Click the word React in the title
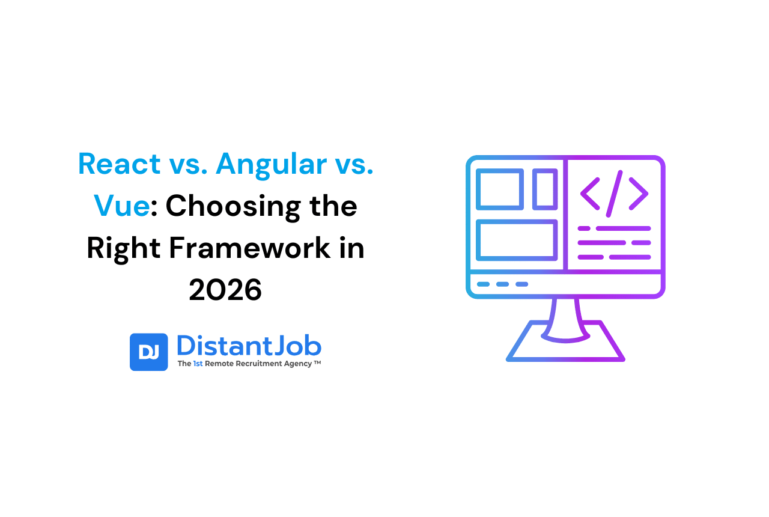(x=119, y=164)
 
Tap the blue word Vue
(x=122, y=206)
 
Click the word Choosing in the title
(x=233, y=208)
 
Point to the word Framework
(x=250, y=248)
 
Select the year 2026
(x=225, y=290)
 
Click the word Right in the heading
(x=124, y=249)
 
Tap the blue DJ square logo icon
(x=148, y=352)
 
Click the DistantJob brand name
(x=249, y=346)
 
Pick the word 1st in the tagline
(x=198, y=364)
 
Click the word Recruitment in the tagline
(x=258, y=364)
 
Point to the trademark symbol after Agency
(x=317, y=362)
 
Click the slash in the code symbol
(x=614, y=194)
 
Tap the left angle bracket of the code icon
(x=590, y=194)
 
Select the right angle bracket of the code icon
(x=639, y=194)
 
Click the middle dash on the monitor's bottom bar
(x=503, y=284)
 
